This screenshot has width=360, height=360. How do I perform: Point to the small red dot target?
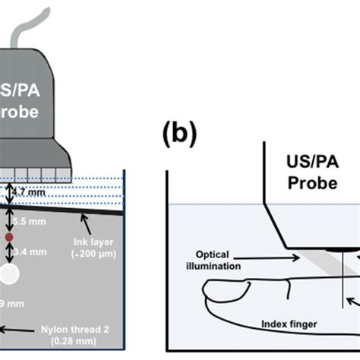pos(9,238)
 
